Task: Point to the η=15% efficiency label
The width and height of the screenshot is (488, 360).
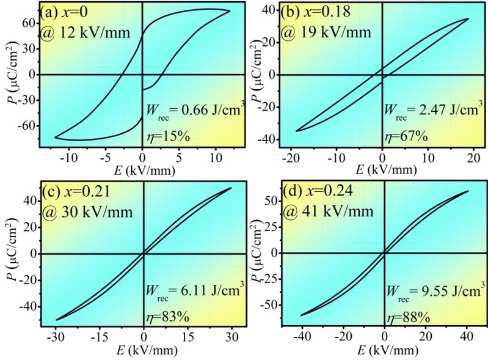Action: click(x=169, y=137)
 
